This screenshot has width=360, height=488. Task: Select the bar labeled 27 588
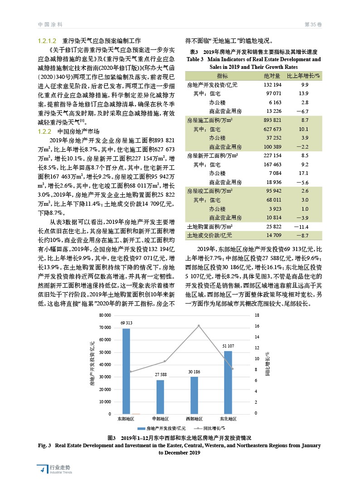click(160, 396)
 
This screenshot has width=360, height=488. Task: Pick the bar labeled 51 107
click(228, 382)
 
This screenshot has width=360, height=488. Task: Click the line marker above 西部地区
click(199, 326)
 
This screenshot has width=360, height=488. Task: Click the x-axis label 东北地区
click(228, 419)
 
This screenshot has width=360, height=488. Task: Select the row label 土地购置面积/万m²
click(209, 226)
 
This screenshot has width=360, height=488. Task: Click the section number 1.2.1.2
click(47, 40)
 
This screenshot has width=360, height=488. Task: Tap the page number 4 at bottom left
click(42, 469)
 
